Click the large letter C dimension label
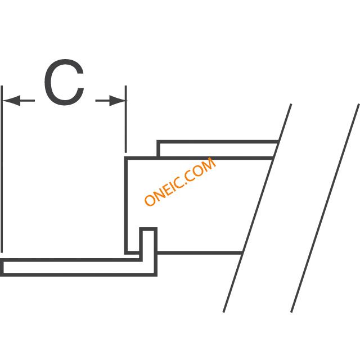pyautogui.click(x=64, y=82)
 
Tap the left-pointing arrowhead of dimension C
pyautogui.click(x=11, y=101)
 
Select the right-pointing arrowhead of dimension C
pyautogui.click(x=117, y=101)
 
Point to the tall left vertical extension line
pyautogui.click(x=2, y=169)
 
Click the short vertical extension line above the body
pyautogui.click(x=125, y=119)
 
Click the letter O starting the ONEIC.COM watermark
pyautogui.click(x=150, y=200)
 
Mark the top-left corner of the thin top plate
pyautogui.click(x=158, y=141)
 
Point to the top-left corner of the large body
pyautogui.click(x=125, y=158)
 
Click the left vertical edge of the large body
pyautogui.click(x=126, y=205)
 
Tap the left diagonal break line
pyautogui.click(x=258, y=208)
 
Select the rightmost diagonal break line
pyautogui.click(x=325, y=208)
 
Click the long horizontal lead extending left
pyautogui.click(x=78, y=268)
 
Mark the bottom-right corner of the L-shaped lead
pyautogui.click(x=156, y=275)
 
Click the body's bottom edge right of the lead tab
pyautogui.click(x=199, y=253)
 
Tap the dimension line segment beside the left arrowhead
pyautogui.click(x=28, y=101)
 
